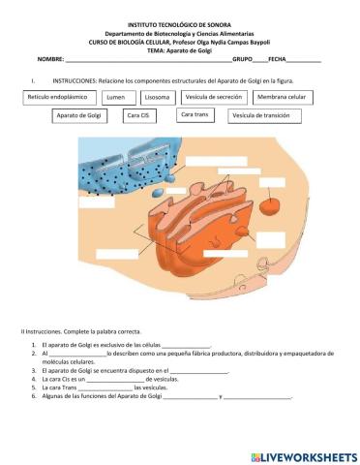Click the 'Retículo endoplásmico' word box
[58, 98]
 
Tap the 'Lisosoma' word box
[158, 98]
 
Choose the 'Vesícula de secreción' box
[213, 98]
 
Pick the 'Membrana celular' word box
[282, 98]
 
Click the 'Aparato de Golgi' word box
[79, 116]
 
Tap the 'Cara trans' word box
[195, 115]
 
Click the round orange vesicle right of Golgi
[274, 205]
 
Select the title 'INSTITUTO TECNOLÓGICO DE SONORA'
[180, 22]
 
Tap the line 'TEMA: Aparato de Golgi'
[180, 49]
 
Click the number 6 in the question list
[33, 397]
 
